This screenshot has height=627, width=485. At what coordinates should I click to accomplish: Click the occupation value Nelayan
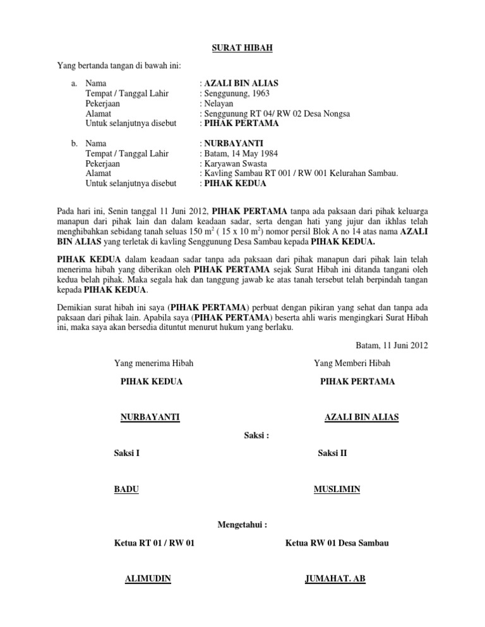click(x=219, y=103)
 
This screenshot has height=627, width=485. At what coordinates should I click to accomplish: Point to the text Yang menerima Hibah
click(x=153, y=363)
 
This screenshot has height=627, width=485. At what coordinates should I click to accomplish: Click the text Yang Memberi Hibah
click(x=352, y=363)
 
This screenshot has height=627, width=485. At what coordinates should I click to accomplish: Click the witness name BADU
click(x=126, y=489)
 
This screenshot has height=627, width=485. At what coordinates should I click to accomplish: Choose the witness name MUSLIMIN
click(x=337, y=489)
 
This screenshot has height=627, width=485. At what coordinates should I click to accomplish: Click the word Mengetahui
click(x=242, y=524)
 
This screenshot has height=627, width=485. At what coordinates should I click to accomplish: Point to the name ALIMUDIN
click(x=150, y=578)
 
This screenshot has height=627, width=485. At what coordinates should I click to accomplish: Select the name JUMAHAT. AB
click(x=335, y=578)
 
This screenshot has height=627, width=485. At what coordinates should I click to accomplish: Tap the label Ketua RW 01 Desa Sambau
click(x=337, y=542)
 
